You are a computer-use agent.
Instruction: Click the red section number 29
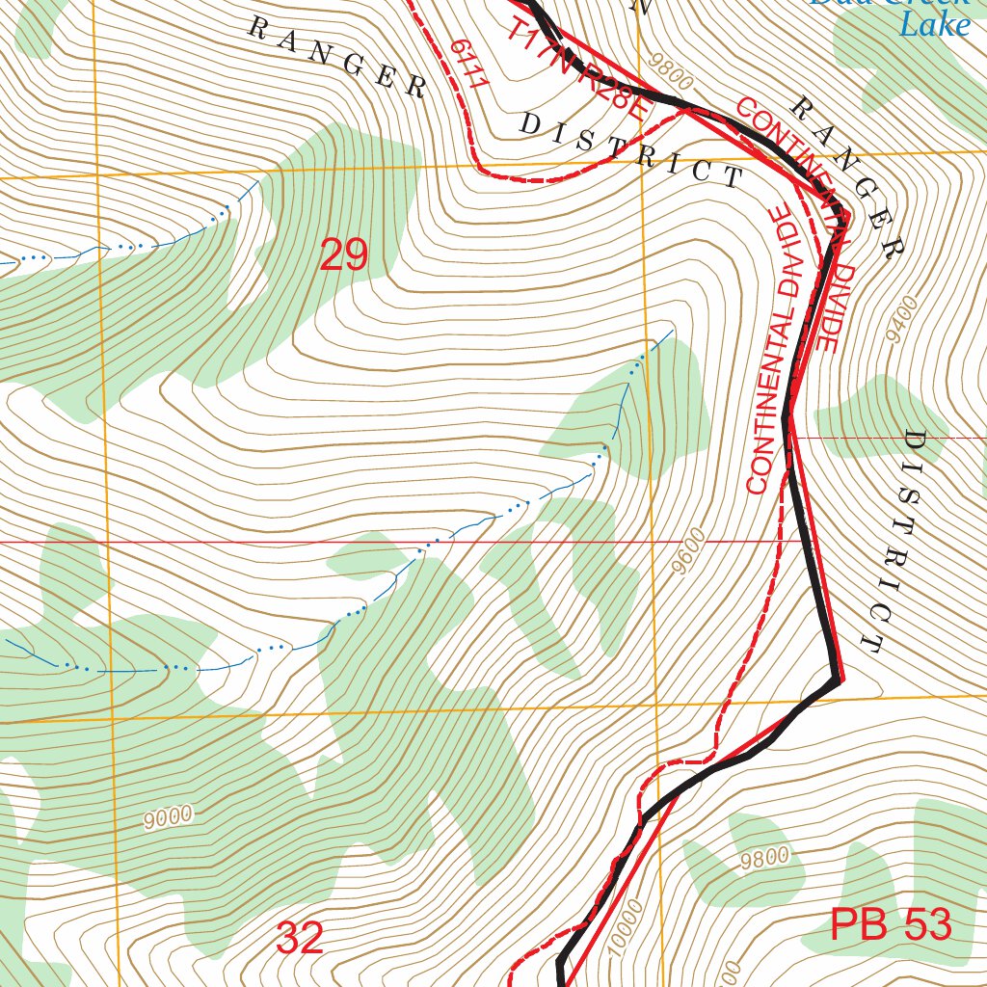343,255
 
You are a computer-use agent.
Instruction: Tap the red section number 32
299,938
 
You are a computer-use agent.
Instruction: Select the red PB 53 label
891,926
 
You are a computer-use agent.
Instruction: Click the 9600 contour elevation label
690,551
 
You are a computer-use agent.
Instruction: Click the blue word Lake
933,24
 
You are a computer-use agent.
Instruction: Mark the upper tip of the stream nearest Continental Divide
672,331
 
